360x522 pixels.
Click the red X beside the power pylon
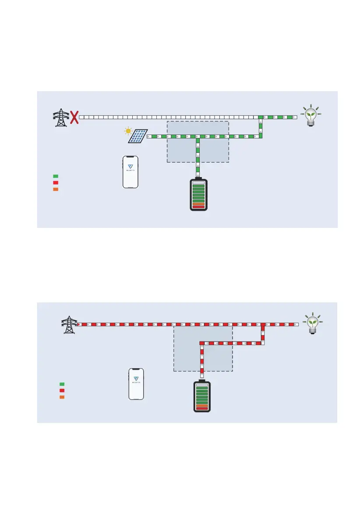[75, 117]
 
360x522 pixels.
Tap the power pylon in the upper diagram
[60, 117]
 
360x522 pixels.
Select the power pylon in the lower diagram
[68, 325]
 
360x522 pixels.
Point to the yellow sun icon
[128, 131]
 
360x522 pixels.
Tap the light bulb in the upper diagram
[311, 115]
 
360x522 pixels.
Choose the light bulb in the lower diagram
[312, 324]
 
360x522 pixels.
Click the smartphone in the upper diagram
[130, 172]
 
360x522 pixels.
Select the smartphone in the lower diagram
[136, 384]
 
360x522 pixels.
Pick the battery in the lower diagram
[202, 396]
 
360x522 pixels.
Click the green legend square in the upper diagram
[56, 176]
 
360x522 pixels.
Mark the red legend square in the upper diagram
[56, 183]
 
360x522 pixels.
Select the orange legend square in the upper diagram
[56, 189]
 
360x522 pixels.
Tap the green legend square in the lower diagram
[62, 384]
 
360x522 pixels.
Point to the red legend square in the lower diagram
[62, 391]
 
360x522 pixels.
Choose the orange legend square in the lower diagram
[62, 397]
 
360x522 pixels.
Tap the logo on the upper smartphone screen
[130, 168]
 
